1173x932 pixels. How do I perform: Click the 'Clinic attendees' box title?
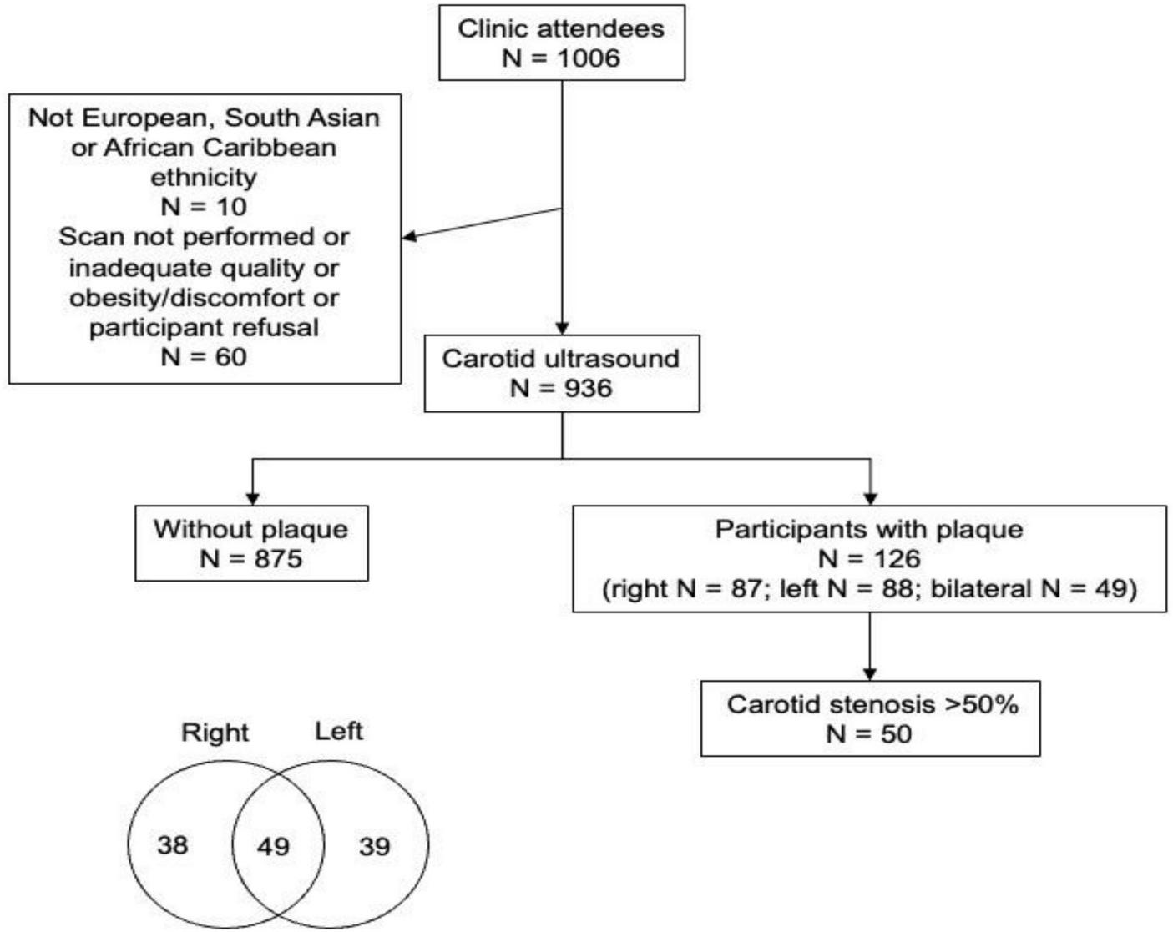click(561, 28)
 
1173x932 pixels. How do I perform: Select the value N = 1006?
click(561, 58)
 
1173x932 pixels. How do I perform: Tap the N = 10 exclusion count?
click(204, 207)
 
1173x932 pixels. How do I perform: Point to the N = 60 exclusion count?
click(204, 357)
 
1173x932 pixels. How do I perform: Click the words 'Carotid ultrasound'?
click(561, 359)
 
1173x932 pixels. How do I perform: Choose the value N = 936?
click(561, 389)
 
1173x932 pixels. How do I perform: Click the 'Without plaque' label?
click(250, 529)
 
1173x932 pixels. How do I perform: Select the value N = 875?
click(250, 559)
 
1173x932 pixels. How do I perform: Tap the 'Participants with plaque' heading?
click(869, 529)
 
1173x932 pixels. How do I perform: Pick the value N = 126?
click(869, 559)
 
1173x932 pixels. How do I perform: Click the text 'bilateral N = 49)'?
click(1034, 589)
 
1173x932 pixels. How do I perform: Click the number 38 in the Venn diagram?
click(173, 845)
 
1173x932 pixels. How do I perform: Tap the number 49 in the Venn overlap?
click(273, 847)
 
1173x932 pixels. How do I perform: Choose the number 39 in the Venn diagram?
click(374, 847)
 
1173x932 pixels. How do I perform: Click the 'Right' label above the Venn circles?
click(215, 733)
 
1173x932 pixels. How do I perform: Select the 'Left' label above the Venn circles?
click(338, 732)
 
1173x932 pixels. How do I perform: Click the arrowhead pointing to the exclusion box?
click(409, 237)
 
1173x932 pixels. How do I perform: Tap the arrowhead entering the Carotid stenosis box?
click(870, 674)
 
